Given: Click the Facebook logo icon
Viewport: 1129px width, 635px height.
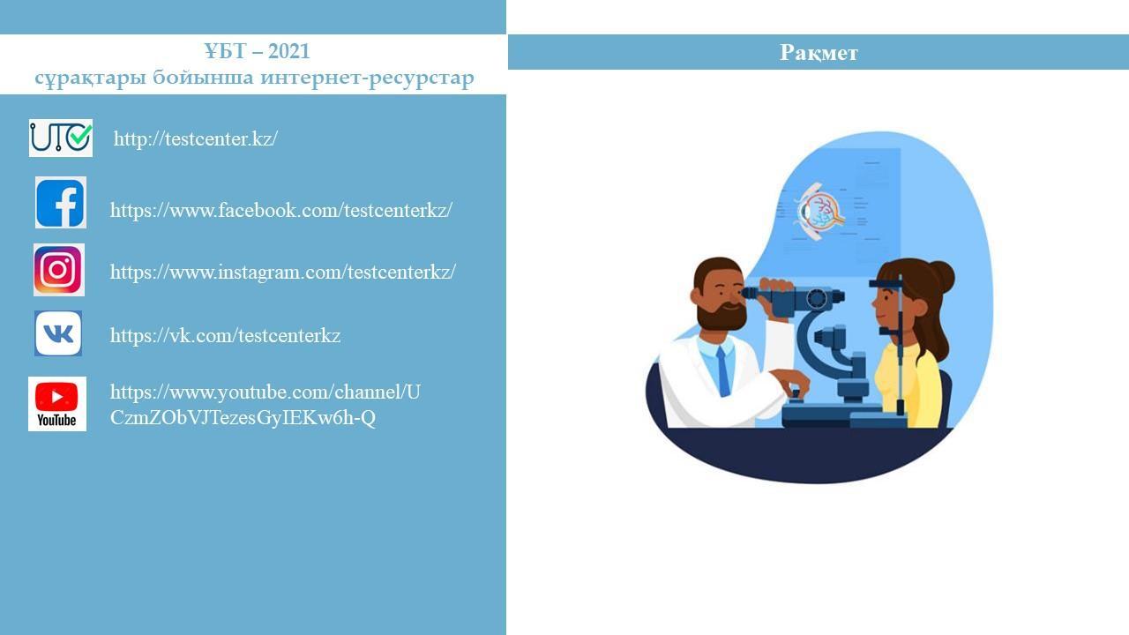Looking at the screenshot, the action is pyautogui.click(x=61, y=202).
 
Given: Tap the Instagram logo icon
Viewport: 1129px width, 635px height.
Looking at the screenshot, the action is pyautogui.click(x=59, y=270).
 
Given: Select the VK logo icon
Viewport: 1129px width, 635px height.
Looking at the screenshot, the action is pyautogui.click(x=58, y=333).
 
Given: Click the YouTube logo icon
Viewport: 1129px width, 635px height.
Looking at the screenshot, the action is pyautogui.click(x=57, y=404).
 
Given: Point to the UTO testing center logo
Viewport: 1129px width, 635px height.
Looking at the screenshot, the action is pyautogui.click(x=61, y=138).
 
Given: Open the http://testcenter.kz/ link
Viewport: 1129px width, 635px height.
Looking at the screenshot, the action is pyautogui.click(x=196, y=138).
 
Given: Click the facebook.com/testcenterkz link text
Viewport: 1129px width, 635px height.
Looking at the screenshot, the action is pyautogui.click(x=281, y=210).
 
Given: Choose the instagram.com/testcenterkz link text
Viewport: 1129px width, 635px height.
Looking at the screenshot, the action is pyautogui.click(x=283, y=273).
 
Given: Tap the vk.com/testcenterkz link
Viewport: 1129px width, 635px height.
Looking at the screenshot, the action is pyautogui.click(x=225, y=336).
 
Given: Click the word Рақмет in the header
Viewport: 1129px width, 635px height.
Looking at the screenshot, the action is pyautogui.click(x=819, y=52).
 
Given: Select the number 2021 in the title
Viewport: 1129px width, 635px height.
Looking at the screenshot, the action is pyautogui.click(x=288, y=51).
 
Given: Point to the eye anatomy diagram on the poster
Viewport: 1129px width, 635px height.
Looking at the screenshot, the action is pyautogui.click(x=820, y=212).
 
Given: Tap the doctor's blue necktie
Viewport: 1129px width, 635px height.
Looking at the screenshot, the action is pyautogui.click(x=723, y=371).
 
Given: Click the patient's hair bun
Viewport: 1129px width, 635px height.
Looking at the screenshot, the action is pyautogui.click(x=940, y=276).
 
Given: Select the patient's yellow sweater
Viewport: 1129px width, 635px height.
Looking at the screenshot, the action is pyautogui.click(x=908, y=385).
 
